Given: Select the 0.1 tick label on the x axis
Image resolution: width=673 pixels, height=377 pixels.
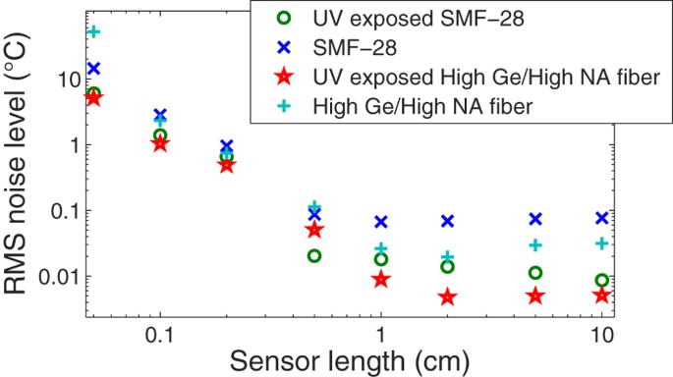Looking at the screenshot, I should [x=158, y=333].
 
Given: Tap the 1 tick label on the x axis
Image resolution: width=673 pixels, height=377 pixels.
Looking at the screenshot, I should [x=381, y=333].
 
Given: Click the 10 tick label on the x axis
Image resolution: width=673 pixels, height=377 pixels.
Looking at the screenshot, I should [x=601, y=333].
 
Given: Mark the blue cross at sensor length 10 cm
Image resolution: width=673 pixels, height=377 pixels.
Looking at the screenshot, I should [x=602, y=218].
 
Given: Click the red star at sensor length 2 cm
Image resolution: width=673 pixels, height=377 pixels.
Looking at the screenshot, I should [x=447, y=296].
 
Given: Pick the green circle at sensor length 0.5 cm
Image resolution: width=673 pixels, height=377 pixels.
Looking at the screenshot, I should [x=314, y=256].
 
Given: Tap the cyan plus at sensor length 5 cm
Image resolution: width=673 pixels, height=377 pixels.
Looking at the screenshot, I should [x=535, y=245].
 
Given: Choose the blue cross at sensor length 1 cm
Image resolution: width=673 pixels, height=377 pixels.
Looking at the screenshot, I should [x=381, y=222].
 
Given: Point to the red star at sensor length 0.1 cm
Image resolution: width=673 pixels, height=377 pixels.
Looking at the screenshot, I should [x=160, y=143].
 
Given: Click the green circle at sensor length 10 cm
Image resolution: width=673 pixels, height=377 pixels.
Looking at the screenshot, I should [x=602, y=280].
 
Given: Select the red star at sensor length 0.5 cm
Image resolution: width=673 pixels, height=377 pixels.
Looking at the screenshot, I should [x=314, y=230].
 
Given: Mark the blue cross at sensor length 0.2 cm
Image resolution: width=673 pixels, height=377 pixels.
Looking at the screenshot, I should [x=226, y=146].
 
